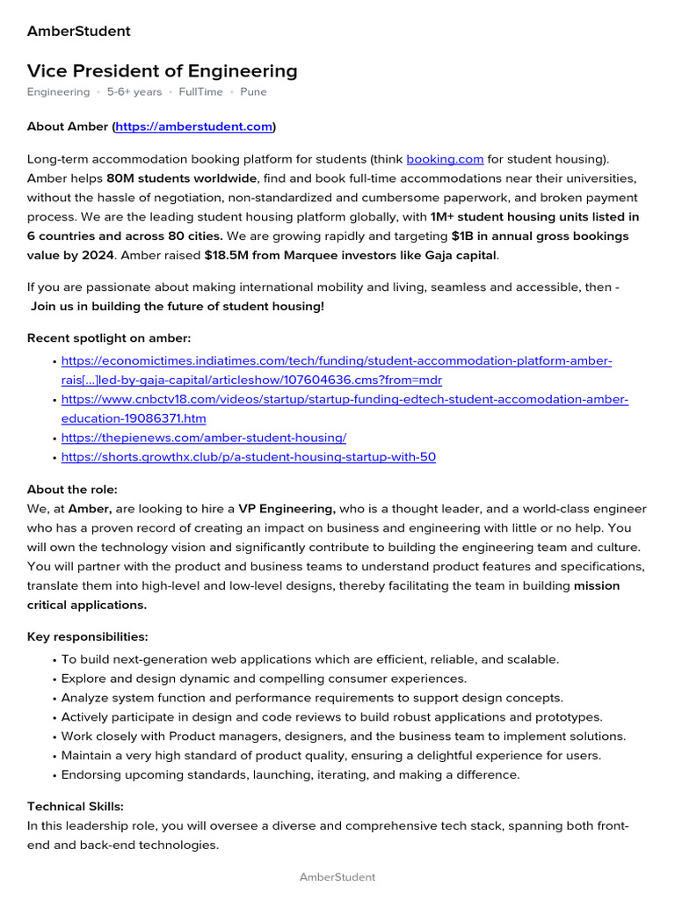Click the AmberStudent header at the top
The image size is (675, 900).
click(78, 32)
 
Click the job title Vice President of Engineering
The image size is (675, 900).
click(162, 71)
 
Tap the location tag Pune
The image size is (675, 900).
click(253, 91)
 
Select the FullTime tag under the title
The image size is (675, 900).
click(200, 91)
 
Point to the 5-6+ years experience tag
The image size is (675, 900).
click(134, 91)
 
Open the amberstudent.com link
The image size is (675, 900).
click(194, 127)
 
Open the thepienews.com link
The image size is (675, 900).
click(204, 438)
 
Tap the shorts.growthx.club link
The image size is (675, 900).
click(249, 457)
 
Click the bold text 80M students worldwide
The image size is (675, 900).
click(182, 178)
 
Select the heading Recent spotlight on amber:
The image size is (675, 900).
click(109, 338)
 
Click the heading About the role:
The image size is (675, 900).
click(72, 490)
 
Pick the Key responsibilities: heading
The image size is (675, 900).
click(88, 636)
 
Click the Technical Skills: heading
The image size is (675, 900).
click(76, 806)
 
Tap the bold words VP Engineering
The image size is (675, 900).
click(287, 509)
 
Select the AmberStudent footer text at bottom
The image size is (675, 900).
click(337, 877)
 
